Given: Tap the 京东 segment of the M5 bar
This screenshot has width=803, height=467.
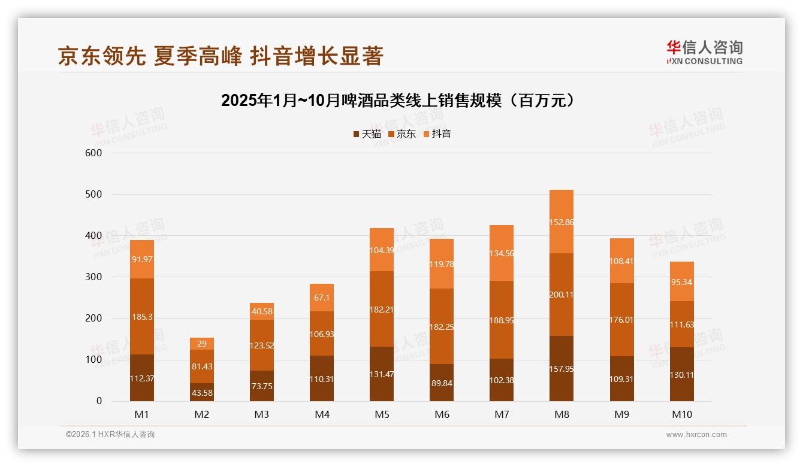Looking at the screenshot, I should tap(382, 309).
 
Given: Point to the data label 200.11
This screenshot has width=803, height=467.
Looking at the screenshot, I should tap(562, 294).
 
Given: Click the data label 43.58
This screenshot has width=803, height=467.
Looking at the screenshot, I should tap(202, 393).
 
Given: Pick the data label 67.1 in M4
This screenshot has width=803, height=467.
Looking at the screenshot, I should tap(322, 298).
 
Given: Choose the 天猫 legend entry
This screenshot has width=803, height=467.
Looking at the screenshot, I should tap(367, 134).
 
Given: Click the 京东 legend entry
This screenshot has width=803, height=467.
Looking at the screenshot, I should tap(402, 134).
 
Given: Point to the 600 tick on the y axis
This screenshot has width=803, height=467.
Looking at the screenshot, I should tap(94, 153).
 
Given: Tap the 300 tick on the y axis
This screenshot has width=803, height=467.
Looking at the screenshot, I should tap(94, 277).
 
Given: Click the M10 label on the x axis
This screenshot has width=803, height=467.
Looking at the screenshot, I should tap(681, 414).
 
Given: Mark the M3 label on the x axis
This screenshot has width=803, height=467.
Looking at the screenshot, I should tap(262, 414).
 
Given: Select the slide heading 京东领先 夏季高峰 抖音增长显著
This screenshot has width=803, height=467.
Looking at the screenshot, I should tap(221, 56).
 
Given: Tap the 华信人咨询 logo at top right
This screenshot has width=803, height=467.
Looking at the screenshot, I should tap(704, 52).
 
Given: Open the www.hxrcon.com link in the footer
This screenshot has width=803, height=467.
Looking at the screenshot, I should tap(696, 435).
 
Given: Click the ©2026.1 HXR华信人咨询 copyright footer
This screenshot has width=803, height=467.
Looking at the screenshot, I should tap(110, 435).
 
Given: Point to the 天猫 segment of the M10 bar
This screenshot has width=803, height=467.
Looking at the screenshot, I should tap(681, 374).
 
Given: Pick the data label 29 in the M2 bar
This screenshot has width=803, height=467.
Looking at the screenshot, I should tap(202, 343).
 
